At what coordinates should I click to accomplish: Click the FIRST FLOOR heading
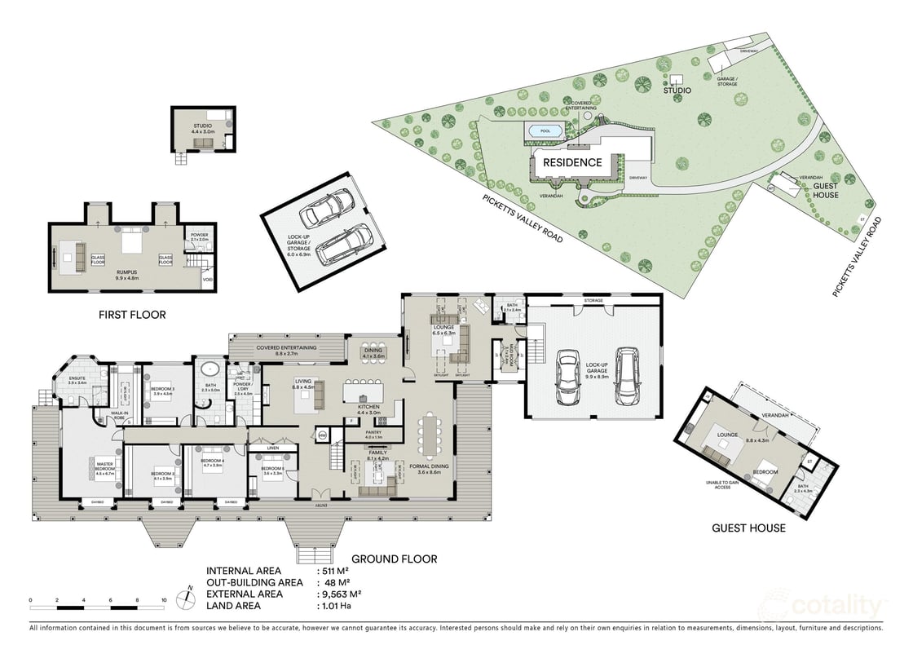(131, 314)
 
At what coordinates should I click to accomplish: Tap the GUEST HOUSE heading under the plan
(748, 528)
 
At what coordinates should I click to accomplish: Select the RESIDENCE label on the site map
(572, 162)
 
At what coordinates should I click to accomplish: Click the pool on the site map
(540, 130)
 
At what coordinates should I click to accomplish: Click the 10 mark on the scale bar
(164, 599)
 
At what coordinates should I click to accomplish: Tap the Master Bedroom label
(104, 466)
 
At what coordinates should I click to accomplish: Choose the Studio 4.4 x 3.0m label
(202, 128)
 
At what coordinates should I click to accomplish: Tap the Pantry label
(373, 436)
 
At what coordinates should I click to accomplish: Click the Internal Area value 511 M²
(336, 571)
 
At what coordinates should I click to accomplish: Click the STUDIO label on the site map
(676, 91)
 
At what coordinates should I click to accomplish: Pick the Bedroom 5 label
(272, 470)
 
